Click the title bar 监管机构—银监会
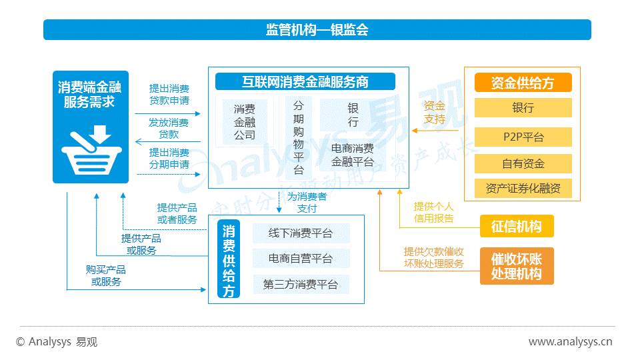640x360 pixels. (x=317, y=30)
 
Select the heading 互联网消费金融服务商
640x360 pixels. (x=305, y=82)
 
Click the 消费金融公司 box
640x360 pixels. (x=245, y=121)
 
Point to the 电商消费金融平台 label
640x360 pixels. (x=353, y=155)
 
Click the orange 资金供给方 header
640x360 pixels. (x=523, y=83)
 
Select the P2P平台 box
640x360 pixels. (x=523, y=137)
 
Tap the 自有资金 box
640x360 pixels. (x=523, y=163)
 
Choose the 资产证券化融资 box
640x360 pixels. (x=523, y=189)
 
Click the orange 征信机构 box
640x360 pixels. (x=517, y=227)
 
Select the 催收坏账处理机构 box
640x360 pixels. (x=517, y=266)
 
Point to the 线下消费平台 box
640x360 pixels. (x=301, y=233)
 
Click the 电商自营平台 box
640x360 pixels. (x=301, y=259)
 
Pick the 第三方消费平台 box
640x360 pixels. (x=301, y=285)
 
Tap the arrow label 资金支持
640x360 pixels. (x=434, y=112)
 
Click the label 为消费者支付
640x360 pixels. (x=307, y=203)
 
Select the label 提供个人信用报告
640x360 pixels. (x=434, y=212)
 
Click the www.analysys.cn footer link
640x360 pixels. (x=570, y=342)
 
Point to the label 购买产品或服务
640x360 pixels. (x=106, y=275)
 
